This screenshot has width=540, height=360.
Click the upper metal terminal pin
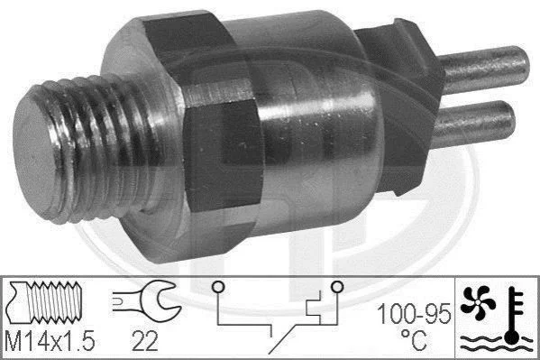click(x=484, y=69)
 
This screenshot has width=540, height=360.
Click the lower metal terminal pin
click(x=473, y=124)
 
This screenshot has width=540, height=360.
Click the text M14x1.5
click(x=50, y=341)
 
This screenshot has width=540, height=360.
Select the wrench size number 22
click(x=144, y=341)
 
